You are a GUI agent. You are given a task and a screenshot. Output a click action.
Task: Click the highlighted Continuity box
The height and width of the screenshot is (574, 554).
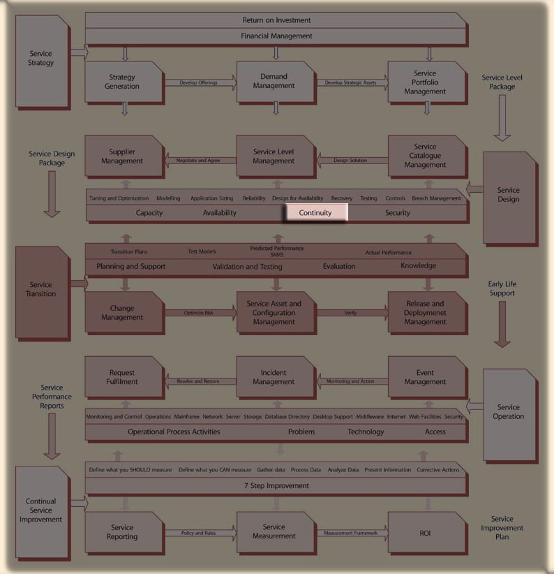tap(315, 212)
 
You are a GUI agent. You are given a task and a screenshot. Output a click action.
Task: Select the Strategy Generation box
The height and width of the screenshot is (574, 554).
tap(123, 82)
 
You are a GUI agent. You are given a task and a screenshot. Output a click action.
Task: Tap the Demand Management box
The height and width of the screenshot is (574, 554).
tap(274, 82)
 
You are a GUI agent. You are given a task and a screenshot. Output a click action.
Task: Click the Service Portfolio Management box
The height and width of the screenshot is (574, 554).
tap(425, 82)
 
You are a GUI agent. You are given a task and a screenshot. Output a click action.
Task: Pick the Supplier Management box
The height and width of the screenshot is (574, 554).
tap(122, 156)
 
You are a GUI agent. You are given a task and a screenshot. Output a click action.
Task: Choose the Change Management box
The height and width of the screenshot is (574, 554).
tap(122, 313)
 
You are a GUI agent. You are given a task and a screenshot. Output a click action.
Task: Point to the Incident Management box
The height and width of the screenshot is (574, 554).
tap(274, 377)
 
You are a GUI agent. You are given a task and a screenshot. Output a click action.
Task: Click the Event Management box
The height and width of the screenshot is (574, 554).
tap(425, 377)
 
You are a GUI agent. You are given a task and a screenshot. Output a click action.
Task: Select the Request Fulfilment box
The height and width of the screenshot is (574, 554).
tap(122, 377)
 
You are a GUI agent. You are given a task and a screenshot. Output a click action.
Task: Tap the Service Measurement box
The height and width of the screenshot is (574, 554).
tap(274, 531)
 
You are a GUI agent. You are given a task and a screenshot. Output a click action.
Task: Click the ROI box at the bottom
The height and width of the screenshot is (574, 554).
tap(425, 533)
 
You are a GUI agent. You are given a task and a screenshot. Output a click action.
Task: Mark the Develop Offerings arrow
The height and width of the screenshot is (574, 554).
tap(199, 83)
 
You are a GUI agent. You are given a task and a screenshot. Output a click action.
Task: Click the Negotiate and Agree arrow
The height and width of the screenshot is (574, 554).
tap(199, 161)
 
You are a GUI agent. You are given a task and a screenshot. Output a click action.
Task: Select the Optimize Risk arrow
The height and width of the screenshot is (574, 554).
tap(199, 313)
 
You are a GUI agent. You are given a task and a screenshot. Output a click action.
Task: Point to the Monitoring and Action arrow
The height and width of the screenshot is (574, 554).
tap(351, 381)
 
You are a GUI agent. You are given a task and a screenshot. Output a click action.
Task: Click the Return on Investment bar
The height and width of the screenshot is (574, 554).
tap(276, 20)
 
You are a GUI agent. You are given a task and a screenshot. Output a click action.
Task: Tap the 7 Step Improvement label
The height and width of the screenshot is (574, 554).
tap(276, 485)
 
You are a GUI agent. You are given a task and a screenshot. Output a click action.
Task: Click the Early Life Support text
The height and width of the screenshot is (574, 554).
tap(502, 288)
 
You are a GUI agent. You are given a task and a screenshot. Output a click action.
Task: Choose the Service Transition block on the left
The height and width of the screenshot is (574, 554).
tap(42, 289)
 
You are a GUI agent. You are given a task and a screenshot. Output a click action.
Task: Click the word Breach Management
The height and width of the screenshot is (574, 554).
tap(436, 198)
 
